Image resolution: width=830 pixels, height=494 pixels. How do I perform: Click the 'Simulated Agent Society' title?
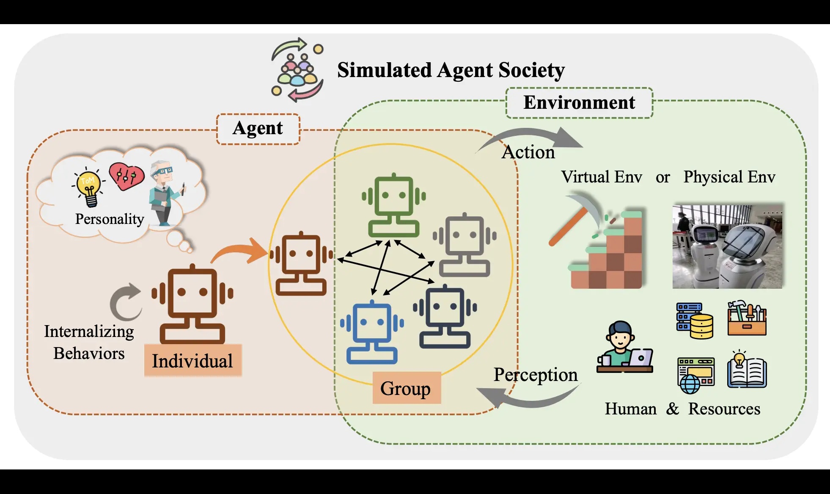click(x=451, y=70)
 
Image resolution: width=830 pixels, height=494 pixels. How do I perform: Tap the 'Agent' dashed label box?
click(x=258, y=129)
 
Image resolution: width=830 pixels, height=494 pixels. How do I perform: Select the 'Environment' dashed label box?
click(x=579, y=103)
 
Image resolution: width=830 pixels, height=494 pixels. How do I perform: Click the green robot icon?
click(x=393, y=205)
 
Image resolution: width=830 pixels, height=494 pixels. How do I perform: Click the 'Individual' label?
click(x=192, y=361)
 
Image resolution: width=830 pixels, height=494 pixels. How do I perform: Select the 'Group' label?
click(x=406, y=388)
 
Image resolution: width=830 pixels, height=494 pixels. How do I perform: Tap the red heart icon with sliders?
click(x=126, y=176)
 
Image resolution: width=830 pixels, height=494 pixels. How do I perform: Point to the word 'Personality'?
click(x=110, y=219)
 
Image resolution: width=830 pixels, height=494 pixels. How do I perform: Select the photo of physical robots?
click(x=727, y=247)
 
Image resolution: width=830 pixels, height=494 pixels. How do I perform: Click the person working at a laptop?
click(x=624, y=347)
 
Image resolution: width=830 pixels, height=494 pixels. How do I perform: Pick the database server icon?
click(x=695, y=320)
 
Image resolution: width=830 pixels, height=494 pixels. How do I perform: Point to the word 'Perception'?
click(x=535, y=375)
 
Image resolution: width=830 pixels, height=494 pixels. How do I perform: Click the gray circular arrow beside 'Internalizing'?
click(x=125, y=301)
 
